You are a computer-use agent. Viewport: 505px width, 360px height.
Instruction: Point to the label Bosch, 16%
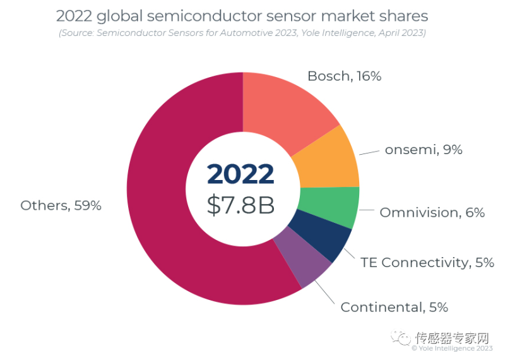click(344, 76)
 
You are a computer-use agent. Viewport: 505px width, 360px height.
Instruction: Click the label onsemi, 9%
click(424, 150)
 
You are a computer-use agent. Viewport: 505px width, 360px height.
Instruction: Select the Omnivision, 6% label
click(432, 213)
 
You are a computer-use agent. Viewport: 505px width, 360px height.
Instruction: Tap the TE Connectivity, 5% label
click(427, 262)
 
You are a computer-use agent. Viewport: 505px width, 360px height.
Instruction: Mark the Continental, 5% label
click(394, 308)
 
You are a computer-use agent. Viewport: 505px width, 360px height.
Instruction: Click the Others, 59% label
click(61, 205)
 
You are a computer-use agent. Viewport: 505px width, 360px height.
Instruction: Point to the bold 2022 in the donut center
click(241, 174)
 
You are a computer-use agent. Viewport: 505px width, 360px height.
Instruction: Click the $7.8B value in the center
click(241, 205)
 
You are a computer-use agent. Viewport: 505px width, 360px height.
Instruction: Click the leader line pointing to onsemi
click(370, 152)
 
